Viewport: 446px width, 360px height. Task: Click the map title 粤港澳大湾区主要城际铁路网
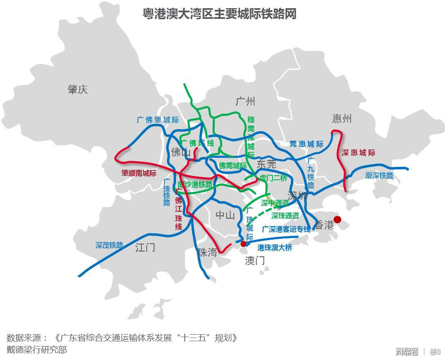(x=219, y=14)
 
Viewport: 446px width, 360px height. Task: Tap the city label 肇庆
(x=78, y=89)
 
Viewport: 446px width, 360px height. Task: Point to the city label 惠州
(x=342, y=119)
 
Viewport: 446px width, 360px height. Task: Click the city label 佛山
(x=181, y=153)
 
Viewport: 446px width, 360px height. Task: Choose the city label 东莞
(x=266, y=164)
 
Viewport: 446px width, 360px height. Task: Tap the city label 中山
(x=225, y=215)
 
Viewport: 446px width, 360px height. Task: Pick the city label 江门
(x=145, y=247)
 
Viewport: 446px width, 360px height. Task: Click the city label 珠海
(x=207, y=252)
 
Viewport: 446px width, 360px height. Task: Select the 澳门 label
(x=255, y=260)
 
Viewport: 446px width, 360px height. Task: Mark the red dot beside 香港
(x=337, y=220)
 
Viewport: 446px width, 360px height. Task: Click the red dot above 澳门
(x=243, y=244)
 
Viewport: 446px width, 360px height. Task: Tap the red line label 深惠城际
(x=358, y=153)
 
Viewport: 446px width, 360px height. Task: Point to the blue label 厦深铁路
(x=379, y=175)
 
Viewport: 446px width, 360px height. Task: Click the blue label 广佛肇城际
(x=158, y=120)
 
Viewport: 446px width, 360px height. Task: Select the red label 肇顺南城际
(x=139, y=173)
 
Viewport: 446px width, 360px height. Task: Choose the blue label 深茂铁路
(x=109, y=245)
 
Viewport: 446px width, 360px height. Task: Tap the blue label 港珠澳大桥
(x=275, y=248)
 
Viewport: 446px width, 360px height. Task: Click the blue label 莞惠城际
(x=306, y=144)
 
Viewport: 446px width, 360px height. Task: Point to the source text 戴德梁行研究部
(x=36, y=350)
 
